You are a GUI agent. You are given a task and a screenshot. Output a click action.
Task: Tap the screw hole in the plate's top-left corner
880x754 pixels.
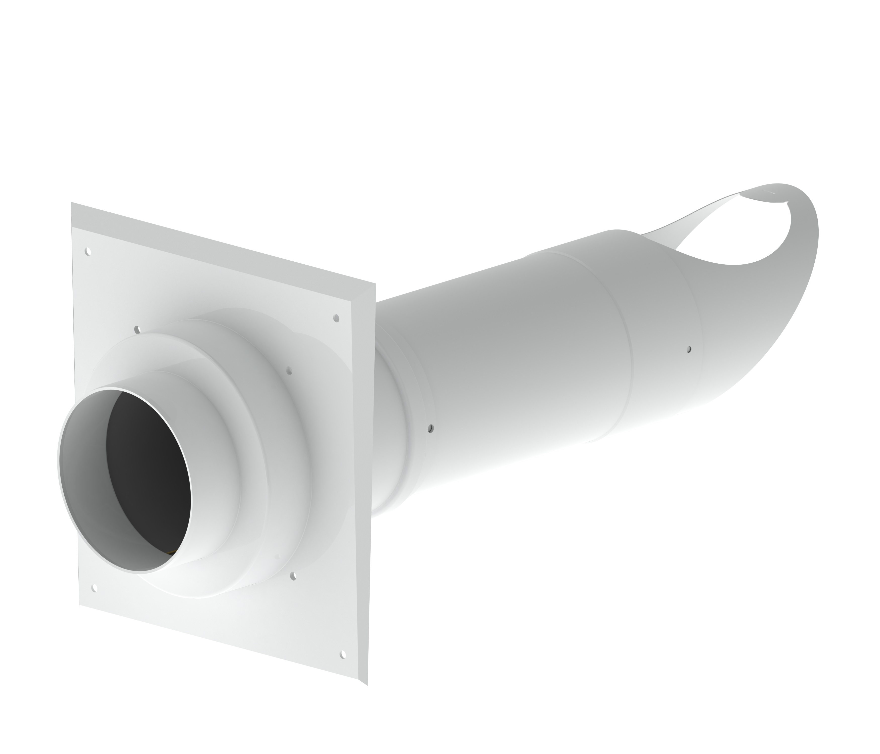point(88,252)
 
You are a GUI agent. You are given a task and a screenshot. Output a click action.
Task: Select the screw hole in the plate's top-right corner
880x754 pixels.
point(336,318)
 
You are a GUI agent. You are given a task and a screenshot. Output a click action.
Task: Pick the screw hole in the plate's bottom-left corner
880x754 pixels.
point(94,588)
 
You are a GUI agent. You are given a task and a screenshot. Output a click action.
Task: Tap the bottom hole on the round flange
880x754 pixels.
point(293,576)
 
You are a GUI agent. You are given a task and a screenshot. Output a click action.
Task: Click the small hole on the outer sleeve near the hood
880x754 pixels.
point(689,349)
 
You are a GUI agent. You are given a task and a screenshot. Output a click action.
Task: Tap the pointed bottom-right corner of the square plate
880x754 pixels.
point(366,684)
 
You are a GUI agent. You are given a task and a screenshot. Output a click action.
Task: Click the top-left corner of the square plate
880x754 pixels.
point(71,203)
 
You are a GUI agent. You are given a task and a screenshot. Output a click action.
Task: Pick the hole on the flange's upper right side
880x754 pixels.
point(289,371)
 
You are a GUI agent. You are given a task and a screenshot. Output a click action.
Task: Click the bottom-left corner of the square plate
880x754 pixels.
point(79,605)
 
